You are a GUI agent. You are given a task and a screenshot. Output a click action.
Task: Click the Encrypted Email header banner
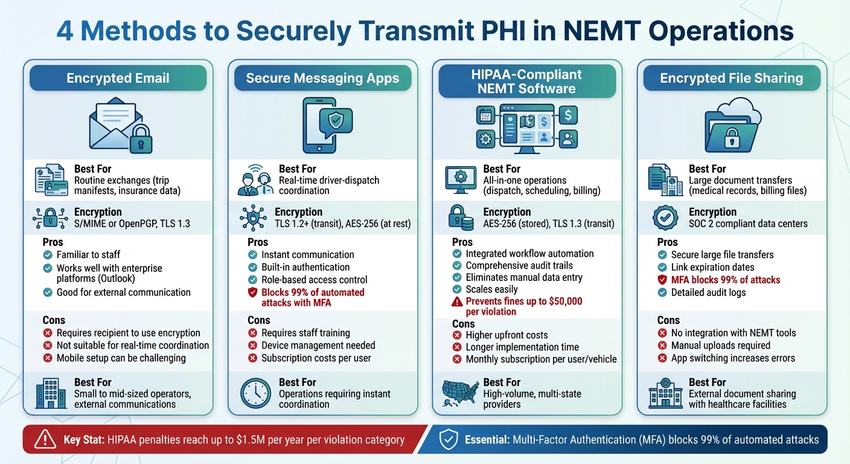click(118, 79)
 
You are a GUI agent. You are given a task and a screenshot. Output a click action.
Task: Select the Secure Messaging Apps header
click(322, 79)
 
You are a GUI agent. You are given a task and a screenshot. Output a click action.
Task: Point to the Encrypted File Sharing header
click(731, 79)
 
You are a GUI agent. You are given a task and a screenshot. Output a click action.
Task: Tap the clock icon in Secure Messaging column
click(255, 393)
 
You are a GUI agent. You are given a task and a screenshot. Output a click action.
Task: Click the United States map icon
click(460, 393)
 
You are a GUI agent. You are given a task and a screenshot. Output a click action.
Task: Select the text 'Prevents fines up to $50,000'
click(523, 301)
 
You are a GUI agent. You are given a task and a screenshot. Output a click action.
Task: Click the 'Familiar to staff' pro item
click(88, 255)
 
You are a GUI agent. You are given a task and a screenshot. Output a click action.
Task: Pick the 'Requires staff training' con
click(305, 333)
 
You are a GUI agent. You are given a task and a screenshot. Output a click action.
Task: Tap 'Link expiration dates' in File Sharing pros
click(712, 267)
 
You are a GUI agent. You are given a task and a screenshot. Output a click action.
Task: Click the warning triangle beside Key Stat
click(45, 440)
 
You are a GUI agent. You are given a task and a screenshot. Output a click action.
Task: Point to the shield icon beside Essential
click(447, 440)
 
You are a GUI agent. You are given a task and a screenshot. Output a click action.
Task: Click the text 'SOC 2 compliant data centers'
click(749, 224)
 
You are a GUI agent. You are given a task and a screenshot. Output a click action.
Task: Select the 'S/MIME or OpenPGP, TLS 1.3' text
click(132, 224)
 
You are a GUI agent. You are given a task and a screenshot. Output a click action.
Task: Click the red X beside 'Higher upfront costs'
click(457, 335)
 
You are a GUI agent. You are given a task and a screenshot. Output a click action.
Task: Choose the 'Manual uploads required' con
click(720, 346)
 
